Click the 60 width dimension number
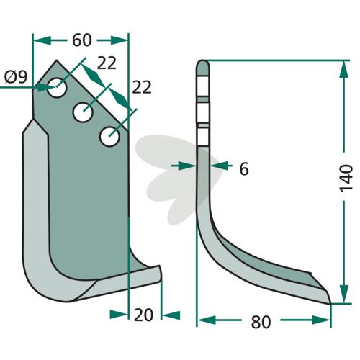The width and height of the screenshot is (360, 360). [x=82, y=40]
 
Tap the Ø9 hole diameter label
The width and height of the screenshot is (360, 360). [x=16, y=78]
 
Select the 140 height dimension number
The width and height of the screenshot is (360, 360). [x=346, y=177]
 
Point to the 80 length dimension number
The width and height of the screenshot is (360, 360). [x=261, y=322]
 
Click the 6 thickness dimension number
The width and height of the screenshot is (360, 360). [x=244, y=169]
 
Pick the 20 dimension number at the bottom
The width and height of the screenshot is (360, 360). [x=143, y=315]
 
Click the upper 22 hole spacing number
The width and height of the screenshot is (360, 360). [x=107, y=63]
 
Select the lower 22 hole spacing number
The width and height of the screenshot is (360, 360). [x=142, y=87]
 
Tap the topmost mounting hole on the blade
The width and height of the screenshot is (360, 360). [x=57, y=87]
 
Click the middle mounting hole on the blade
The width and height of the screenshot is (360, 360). [x=83, y=112]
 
